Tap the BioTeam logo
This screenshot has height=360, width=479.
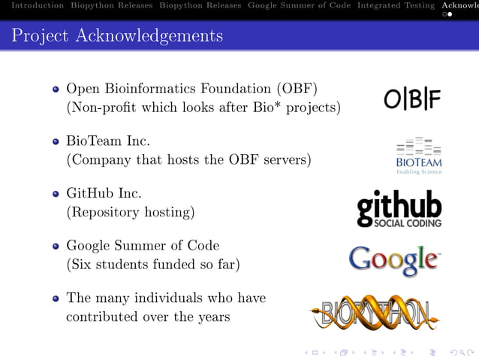tap(419, 156)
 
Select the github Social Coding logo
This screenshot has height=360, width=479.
tap(399, 209)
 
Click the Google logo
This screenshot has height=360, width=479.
tap(394, 261)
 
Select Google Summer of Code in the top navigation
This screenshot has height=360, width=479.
tap(299, 5)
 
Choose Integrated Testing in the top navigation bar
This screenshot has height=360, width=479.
tap(396, 5)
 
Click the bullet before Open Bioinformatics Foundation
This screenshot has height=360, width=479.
tap(56, 89)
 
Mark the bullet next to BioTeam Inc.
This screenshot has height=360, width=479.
tap(56, 141)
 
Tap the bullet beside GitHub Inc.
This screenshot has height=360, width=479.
tap(56, 194)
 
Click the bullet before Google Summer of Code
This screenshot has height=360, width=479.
tap(56, 247)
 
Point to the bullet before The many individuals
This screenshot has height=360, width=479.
tap(56, 298)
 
